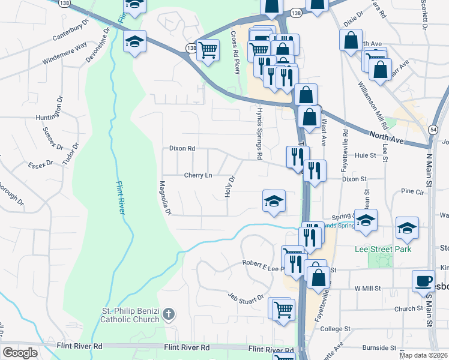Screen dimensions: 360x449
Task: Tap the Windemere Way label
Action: point(65,53)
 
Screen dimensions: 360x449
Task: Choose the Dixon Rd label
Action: point(182,148)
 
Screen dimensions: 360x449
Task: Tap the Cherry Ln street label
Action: point(198,175)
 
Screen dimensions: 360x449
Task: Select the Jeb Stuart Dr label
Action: point(246,296)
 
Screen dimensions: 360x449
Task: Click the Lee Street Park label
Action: point(383,249)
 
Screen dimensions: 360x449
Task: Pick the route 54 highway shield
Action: point(433,128)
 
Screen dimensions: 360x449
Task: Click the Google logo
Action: point(20,352)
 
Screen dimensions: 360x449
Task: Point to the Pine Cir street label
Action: point(412,191)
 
